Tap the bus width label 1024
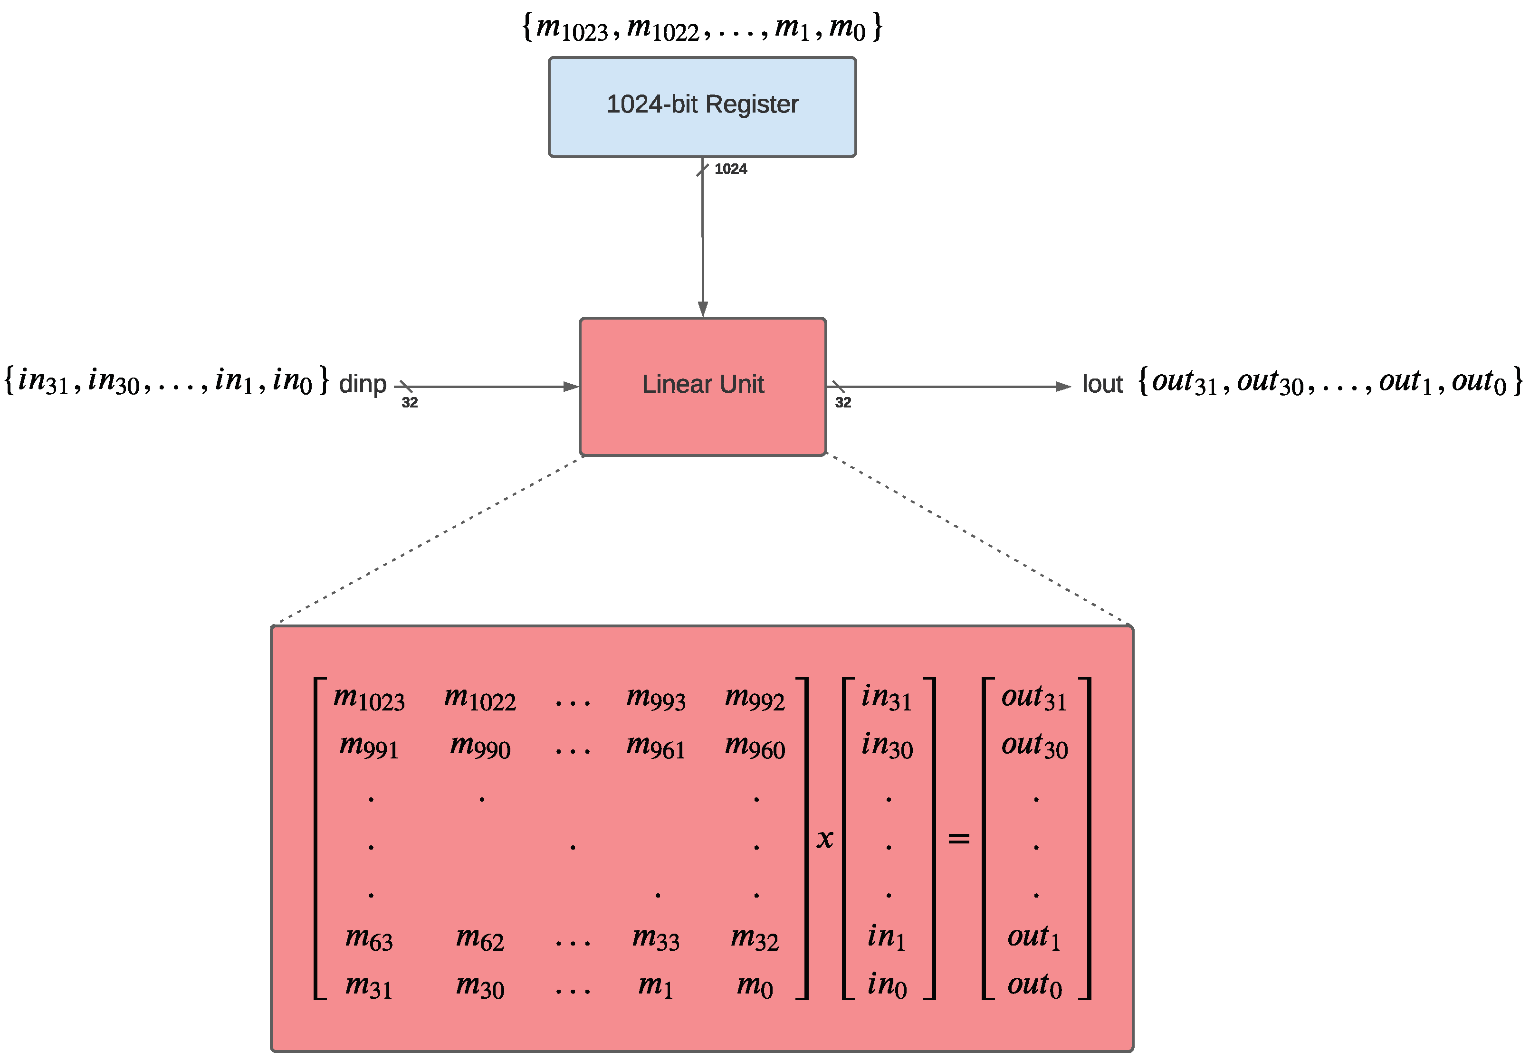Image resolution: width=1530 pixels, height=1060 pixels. pos(730,169)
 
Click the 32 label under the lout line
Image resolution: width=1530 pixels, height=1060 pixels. pos(842,402)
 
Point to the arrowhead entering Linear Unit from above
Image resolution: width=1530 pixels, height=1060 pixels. pos(702,310)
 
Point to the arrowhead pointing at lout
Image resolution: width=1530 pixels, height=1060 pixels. pos(1063,387)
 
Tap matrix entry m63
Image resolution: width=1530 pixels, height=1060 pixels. pos(369,938)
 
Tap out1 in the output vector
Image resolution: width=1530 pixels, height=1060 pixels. pos(1034,938)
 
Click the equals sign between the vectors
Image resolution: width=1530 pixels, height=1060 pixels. pos(958,839)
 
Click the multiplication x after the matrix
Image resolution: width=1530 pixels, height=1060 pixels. pos(824,839)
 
